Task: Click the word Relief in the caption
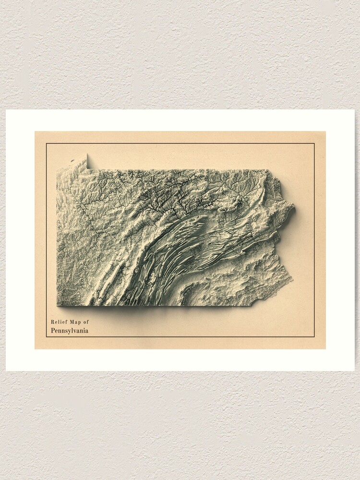[58, 322]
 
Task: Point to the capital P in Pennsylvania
[53, 330]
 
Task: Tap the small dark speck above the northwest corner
[72, 161]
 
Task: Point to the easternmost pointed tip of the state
[294, 208]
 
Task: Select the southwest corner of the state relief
[58, 305]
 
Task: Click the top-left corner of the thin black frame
[47, 144]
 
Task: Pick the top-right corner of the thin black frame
[314, 144]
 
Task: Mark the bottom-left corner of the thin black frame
[47, 337]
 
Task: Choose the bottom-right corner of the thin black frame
[314, 337]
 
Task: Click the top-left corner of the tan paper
[35, 132]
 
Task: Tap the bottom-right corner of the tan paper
[325, 348]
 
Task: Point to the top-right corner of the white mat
[354, 110]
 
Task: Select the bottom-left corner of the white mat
[6, 371]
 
